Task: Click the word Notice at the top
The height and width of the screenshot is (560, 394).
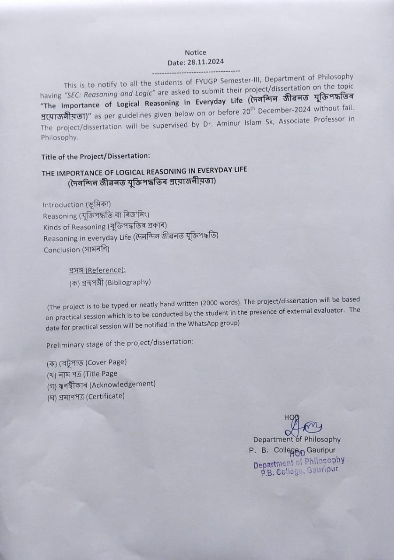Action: (195, 52)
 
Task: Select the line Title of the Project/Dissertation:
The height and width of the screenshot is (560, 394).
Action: (95, 157)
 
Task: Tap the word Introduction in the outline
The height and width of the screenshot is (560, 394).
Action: (63, 205)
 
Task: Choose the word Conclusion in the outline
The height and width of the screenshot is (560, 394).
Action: (62, 250)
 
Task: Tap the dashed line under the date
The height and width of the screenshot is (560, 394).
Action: (196, 71)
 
